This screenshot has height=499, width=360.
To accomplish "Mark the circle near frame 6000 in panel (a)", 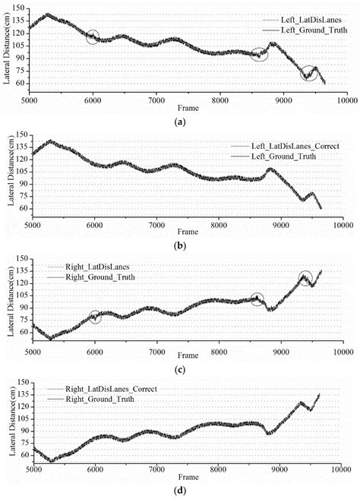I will tap(93, 36).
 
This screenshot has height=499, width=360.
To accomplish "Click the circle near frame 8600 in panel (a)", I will tap(259, 54).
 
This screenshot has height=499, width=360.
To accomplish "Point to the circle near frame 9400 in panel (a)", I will tap(309, 73).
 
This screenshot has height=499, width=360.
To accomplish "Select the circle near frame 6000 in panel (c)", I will tap(95, 317).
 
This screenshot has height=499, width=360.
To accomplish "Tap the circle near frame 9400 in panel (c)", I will tap(305, 278).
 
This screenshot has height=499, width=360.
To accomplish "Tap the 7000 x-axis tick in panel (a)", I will tap(156, 99).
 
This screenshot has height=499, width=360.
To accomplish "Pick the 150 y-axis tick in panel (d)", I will tap(22, 382).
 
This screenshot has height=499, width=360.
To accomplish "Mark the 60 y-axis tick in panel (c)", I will tap(24, 332).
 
